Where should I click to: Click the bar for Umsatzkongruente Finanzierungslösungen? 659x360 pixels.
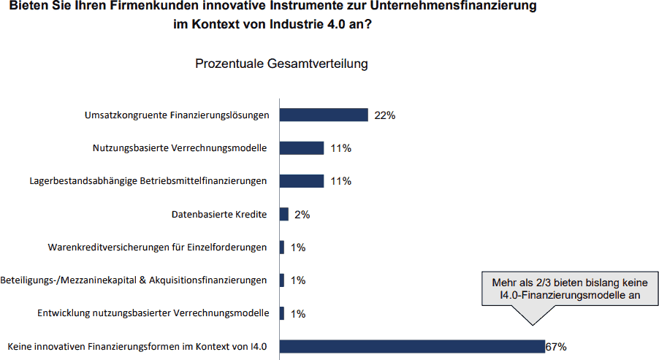[324, 115]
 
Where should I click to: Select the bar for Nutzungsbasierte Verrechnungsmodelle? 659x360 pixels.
[302, 148]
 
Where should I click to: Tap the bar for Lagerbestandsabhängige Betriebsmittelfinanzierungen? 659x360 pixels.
[302, 181]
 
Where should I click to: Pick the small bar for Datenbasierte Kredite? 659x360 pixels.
[284, 214]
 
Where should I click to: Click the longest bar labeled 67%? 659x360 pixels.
[412, 347]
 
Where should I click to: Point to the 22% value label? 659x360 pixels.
[384, 115]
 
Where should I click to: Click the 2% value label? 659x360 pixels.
[302, 215]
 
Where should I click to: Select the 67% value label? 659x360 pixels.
[556, 347]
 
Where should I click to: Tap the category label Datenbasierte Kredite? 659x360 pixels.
[219, 214]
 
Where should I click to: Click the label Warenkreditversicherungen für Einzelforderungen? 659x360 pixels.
[157, 247]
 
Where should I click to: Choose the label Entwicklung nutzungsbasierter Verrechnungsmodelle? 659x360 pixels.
[153, 313]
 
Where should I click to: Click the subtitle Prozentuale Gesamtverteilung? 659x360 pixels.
[281, 64]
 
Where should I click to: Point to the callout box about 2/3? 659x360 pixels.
[570, 288]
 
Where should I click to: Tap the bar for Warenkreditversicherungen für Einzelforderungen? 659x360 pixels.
[282, 247]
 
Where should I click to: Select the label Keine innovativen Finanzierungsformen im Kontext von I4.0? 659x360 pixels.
[137, 347]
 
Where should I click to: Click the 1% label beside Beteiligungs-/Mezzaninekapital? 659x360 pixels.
[298, 280]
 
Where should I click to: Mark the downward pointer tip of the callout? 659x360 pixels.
[533, 325]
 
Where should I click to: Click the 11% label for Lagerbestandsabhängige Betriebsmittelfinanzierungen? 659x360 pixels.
[341, 181]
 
